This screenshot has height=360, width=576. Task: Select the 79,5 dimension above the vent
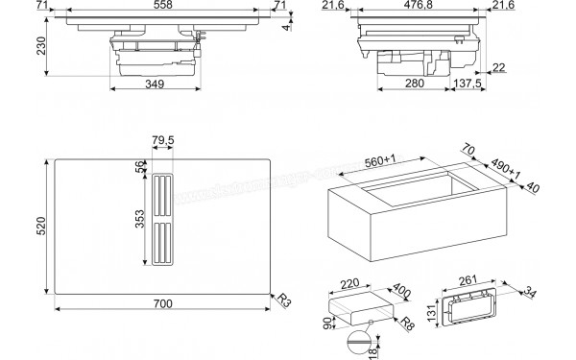(x=163, y=142)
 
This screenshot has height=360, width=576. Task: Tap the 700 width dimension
(x=162, y=304)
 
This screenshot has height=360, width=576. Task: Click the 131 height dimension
(x=432, y=313)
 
